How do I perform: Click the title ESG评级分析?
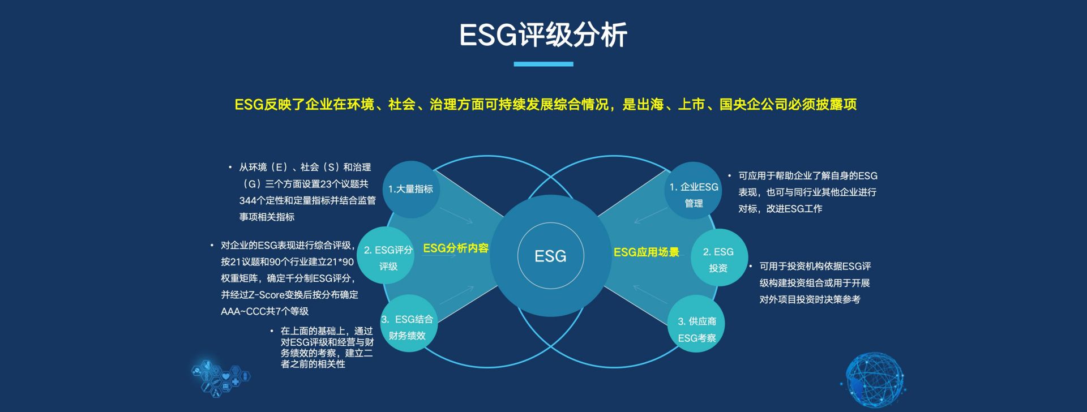tap(543, 35)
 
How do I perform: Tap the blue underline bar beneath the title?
tap(543, 64)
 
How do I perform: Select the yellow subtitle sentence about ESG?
tap(546, 105)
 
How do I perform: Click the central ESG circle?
tap(550, 256)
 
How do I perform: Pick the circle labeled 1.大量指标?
tap(410, 190)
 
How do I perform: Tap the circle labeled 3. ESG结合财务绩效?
tap(408, 324)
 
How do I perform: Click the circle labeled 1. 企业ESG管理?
tap(694, 191)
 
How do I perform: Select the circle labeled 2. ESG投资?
tap(719, 257)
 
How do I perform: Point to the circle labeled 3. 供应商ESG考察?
tap(696, 324)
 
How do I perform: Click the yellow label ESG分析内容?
tap(456, 248)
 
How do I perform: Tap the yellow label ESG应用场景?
tap(647, 252)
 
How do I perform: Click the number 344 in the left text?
tap(248, 200)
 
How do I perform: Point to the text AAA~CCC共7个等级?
tap(265, 311)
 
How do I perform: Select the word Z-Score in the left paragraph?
tap(268, 295)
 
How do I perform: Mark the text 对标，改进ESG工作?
tap(780, 209)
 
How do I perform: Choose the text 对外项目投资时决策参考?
tap(810, 299)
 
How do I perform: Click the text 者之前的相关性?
tap(313, 364)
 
